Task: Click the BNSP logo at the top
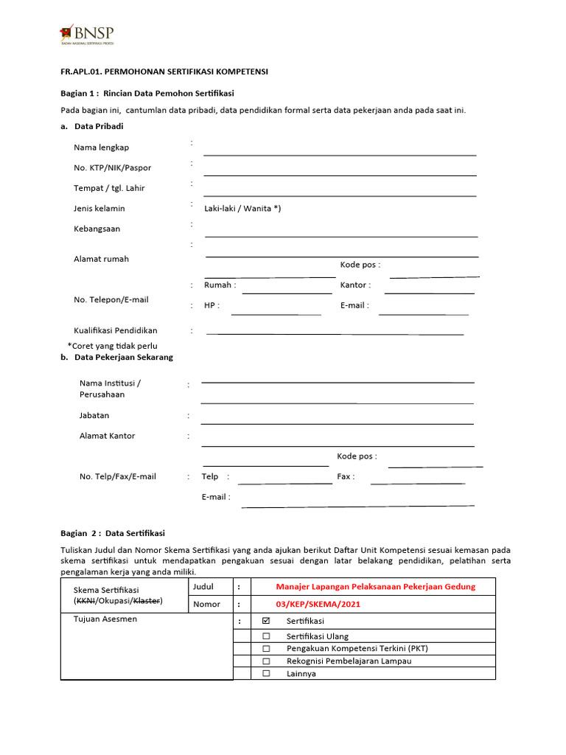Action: (x=87, y=35)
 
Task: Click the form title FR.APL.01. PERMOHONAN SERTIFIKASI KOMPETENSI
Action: (x=164, y=72)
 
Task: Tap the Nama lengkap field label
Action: (x=101, y=147)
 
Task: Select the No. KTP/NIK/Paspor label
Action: (x=112, y=167)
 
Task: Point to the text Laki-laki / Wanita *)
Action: (x=242, y=209)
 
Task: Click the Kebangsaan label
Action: (x=97, y=229)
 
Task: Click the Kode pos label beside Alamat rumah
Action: (x=360, y=265)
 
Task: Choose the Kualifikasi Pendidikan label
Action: (x=116, y=330)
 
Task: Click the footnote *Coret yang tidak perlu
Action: (x=112, y=346)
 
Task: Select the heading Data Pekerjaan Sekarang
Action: (x=124, y=358)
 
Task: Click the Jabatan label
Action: (x=94, y=416)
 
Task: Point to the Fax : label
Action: (x=346, y=476)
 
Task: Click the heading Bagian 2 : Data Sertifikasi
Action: (x=113, y=533)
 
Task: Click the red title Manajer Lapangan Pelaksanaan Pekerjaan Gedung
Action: (x=375, y=587)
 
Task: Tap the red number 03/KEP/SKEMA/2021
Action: (x=318, y=605)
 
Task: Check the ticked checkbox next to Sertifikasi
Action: (x=267, y=622)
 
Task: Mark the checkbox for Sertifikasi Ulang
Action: (x=267, y=636)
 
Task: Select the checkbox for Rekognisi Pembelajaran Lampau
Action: (x=267, y=661)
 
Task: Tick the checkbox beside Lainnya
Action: (x=267, y=673)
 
